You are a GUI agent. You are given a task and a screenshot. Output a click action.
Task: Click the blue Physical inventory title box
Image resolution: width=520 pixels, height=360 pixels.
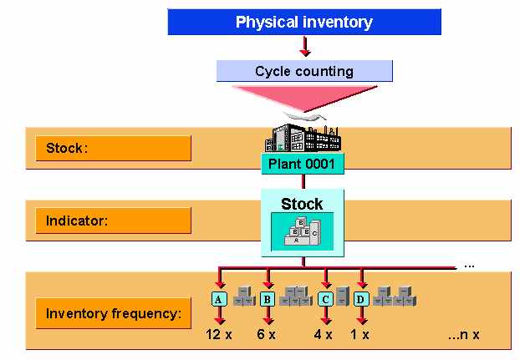click(303, 22)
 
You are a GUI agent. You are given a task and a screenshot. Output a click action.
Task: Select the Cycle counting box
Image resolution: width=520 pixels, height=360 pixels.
click(303, 71)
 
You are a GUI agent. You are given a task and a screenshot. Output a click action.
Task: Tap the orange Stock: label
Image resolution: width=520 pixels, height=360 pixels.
click(113, 148)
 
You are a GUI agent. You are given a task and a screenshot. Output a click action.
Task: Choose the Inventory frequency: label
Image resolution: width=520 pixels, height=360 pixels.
click(113, 314)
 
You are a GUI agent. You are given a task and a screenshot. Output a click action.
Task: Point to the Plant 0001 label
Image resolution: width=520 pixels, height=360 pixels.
click(302, 164)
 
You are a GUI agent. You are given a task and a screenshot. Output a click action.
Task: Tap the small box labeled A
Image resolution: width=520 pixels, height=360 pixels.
click(219, 299)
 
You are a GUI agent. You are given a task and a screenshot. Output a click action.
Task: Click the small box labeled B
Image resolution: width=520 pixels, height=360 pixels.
click(268, 299)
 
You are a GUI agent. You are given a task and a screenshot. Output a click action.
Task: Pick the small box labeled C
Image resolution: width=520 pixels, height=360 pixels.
click(325, 299)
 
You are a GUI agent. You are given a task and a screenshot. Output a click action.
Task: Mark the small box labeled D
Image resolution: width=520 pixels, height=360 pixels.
click(361, 299)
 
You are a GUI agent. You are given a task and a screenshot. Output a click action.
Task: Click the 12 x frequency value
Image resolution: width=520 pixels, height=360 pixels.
click(220, 335)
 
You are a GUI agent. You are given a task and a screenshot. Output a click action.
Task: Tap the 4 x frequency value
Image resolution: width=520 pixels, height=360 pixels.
click(324, 335)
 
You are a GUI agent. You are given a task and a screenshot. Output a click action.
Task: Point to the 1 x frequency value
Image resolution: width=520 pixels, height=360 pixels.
click(361, 335)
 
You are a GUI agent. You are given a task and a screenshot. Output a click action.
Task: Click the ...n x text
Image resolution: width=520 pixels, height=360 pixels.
click(463, 335)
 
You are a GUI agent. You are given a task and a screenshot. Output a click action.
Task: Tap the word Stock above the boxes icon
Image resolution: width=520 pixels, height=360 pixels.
click(302, 204)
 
